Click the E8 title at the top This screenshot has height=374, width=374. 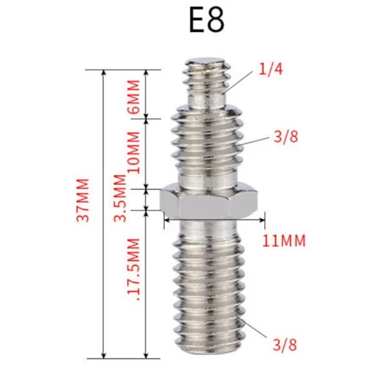pos(206,21)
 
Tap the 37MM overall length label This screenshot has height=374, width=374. pos(83,200)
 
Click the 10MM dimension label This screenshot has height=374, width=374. pos(133,152)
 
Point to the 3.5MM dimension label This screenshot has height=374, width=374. pos(120,198)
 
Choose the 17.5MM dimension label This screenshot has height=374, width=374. pos(133,269)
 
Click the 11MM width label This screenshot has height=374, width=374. pos(284,241)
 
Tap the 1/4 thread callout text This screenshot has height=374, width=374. pos(271,69)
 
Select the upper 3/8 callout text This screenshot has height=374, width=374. pos(285,137)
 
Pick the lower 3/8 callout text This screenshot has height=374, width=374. pos(285,345)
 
